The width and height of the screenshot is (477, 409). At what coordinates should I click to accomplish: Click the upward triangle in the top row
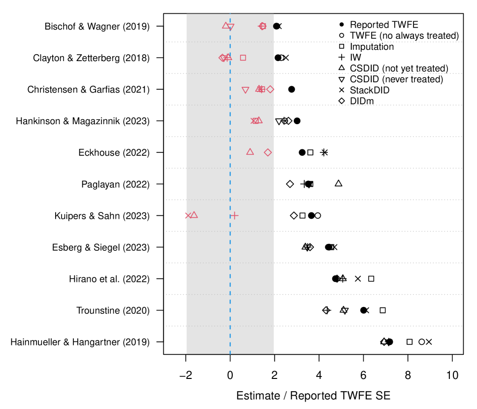226,25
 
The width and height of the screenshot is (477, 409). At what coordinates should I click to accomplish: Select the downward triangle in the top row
230,27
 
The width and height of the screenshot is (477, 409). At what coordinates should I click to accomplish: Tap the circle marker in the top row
262,26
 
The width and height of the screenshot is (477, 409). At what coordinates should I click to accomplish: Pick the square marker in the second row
243,58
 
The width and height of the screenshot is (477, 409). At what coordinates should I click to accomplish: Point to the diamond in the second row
222,58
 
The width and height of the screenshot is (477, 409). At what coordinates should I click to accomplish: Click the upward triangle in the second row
228,57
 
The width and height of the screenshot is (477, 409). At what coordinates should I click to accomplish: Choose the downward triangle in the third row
245,90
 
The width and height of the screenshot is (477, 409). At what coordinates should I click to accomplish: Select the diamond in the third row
270,89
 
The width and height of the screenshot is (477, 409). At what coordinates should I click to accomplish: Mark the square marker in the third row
262,89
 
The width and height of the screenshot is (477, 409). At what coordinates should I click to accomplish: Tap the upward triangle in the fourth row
258,120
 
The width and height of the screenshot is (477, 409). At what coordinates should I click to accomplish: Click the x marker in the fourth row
254,121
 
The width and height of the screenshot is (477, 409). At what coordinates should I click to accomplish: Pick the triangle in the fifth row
250,152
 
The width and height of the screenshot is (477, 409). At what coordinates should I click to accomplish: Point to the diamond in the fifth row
268,152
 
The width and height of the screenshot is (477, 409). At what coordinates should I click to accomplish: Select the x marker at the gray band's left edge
188,215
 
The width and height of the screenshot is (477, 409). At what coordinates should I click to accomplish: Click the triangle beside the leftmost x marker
194,215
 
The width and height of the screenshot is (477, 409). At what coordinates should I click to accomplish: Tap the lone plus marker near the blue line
234,215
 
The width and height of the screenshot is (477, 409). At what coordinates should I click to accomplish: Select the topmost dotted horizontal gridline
345,42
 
